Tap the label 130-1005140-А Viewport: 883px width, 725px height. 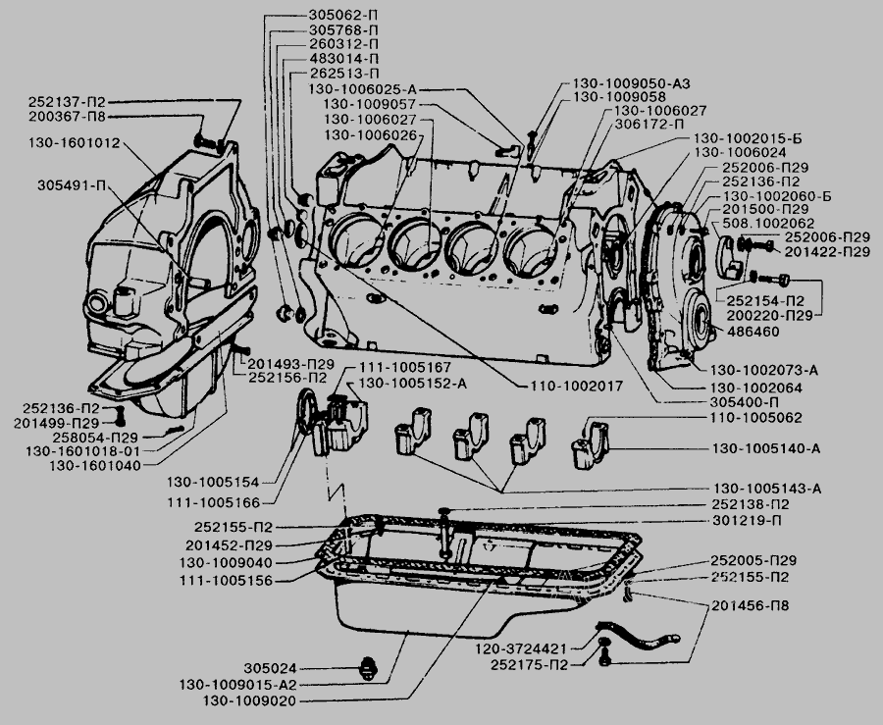coord(766,449)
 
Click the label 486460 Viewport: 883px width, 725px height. coord(753,334)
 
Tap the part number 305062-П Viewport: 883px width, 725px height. coord(338,15)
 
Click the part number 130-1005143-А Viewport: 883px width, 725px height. coord(767,489)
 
